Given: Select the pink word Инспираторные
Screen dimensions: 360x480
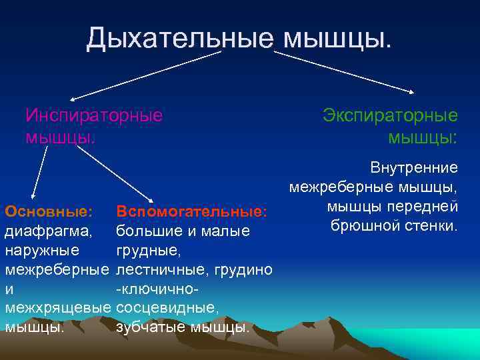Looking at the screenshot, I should (x=93, y=115).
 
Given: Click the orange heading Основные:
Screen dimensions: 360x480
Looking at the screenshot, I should (x=48, y=211).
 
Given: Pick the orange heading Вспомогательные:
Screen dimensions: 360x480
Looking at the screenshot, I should (x=191, y=211).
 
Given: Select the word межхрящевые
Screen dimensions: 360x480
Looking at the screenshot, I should (x=58, y=308).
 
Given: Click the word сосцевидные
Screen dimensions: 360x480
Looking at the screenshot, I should (x=167, y=308).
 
